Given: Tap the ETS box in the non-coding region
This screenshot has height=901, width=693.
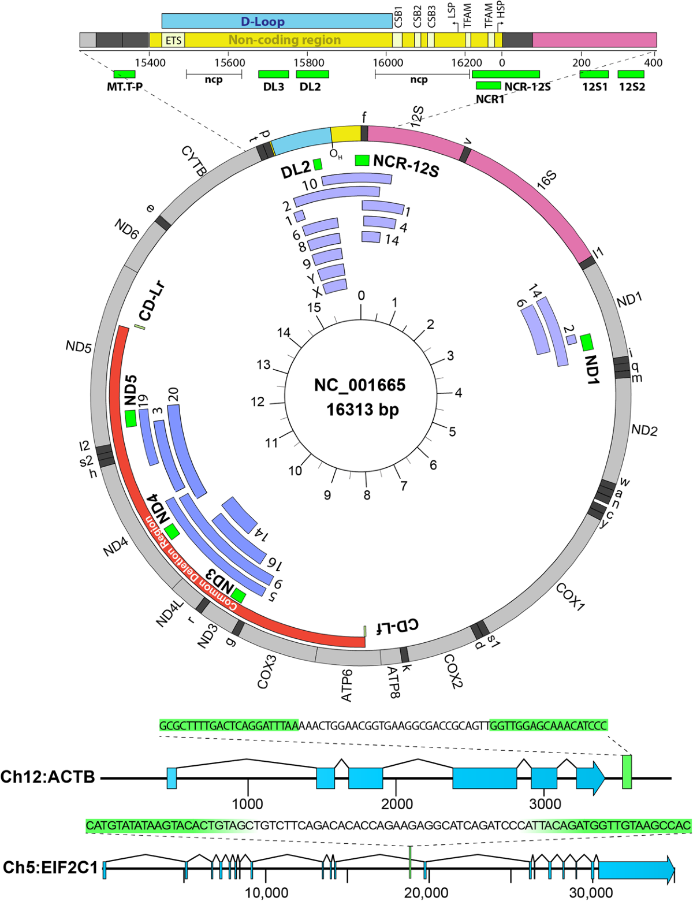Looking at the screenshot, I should click(173, 40).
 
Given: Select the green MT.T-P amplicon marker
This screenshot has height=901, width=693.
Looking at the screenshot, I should click(124, 75).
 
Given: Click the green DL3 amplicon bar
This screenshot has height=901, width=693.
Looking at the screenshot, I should click(273, 75).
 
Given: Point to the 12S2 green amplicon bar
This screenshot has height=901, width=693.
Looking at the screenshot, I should click(631, 75).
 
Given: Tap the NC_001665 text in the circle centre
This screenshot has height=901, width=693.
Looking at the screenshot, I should click(360, 385).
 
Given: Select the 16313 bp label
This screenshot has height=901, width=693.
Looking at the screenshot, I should click(362, 410).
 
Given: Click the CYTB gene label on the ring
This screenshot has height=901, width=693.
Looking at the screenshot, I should click(193, 161).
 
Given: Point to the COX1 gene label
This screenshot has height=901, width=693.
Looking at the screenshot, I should click(570, 597).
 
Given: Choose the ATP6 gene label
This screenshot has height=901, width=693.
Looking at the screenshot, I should click(346, 685).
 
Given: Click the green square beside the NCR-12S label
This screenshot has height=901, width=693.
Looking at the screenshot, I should click(362, 160).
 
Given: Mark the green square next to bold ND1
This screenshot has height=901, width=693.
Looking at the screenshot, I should click(587, 342).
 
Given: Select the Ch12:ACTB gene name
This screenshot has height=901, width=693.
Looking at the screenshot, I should click(48, 777).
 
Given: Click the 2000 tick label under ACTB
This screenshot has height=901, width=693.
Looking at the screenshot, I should click(396, 803).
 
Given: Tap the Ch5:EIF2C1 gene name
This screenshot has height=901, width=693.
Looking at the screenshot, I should click(50, 868).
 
